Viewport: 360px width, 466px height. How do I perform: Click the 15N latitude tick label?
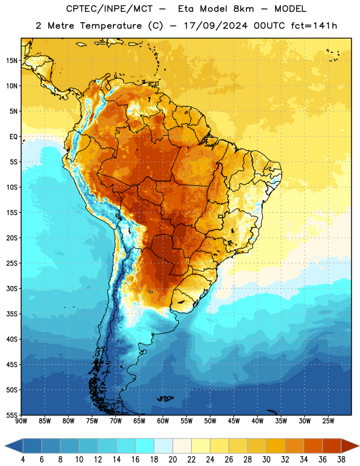(x=12, y=61)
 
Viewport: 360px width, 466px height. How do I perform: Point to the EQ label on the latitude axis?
(x=13, y=137)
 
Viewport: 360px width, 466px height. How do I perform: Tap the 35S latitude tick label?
(x=12, y=314)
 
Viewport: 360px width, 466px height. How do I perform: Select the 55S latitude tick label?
(x=12, y=415)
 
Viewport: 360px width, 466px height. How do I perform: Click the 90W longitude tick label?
(x=21, y=421)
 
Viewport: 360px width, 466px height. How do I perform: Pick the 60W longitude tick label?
(x=163, y=421)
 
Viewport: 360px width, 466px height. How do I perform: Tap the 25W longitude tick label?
(x=328, y=421)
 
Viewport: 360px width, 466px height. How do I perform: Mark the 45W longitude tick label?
(x=234, y=421)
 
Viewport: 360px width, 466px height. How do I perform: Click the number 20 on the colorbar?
(x=172, y=460)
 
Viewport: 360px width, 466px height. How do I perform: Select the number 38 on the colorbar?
(x=341, y=460)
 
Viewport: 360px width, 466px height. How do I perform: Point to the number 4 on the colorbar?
(x=23, y=460)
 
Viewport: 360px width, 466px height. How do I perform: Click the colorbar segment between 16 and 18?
(x=145, y=446)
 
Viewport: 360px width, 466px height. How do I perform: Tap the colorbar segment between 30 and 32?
(x=276, y=446)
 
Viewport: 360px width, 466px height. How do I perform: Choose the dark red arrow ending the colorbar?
(x=350, y=446)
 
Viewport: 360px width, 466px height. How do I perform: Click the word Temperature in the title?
(x=110, y=26)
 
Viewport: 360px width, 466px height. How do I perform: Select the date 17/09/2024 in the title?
(x=216, y=26)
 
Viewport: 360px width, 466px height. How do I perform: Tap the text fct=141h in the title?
(x=314, y=26)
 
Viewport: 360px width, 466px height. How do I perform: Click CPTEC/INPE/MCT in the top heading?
(x=110, y=9)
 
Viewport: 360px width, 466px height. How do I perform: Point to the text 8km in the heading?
(x=243, y=9)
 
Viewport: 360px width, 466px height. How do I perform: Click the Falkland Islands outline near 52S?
(x=165, y=398)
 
